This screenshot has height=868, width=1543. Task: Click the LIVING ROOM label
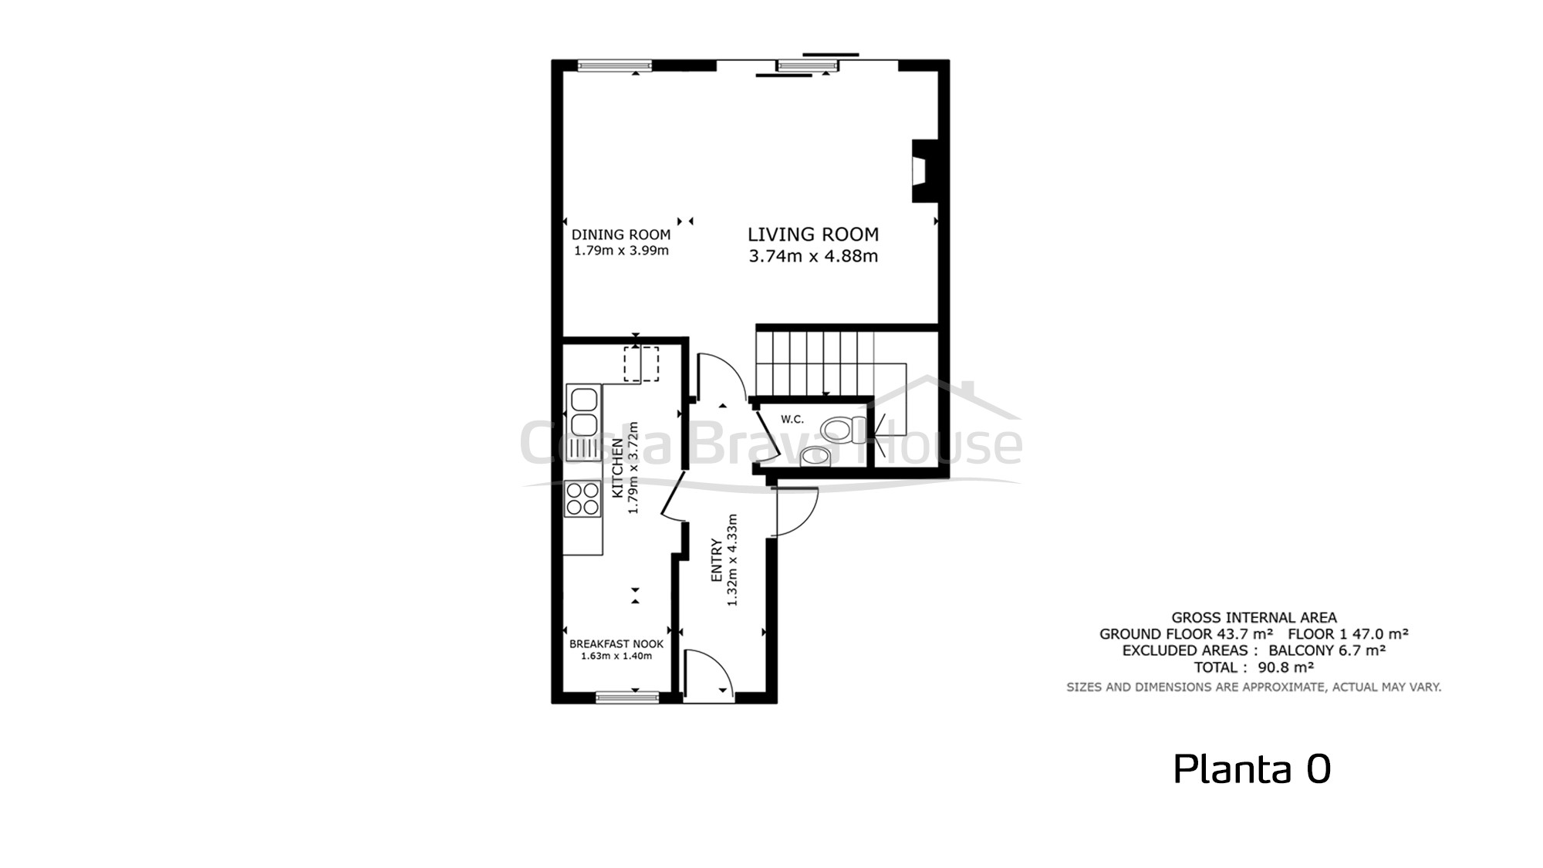point(813,235)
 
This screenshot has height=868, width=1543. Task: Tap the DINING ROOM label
point(621,235)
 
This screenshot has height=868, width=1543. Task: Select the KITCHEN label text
point(617,468)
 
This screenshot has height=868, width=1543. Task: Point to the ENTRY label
point(717,560)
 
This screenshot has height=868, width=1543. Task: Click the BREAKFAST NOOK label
point(616,643)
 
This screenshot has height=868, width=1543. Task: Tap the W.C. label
point(792,420)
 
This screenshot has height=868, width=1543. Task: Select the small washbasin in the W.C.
point(815,457)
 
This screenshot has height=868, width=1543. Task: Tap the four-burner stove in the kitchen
point(583,498)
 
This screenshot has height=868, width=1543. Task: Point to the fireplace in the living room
point(924,171)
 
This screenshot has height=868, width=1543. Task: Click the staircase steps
point(815,363)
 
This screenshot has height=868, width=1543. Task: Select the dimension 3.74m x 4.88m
point(813,256)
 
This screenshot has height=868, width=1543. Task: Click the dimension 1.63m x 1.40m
point(616,657)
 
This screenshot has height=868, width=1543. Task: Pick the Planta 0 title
point(1252,768)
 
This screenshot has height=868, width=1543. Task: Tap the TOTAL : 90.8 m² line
point(1254,667)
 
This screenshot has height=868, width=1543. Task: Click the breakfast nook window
point(627,697)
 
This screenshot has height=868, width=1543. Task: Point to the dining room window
point(615,66)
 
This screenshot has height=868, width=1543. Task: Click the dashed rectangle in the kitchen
point(641,364)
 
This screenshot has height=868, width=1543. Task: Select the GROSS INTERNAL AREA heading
point(1254,617)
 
